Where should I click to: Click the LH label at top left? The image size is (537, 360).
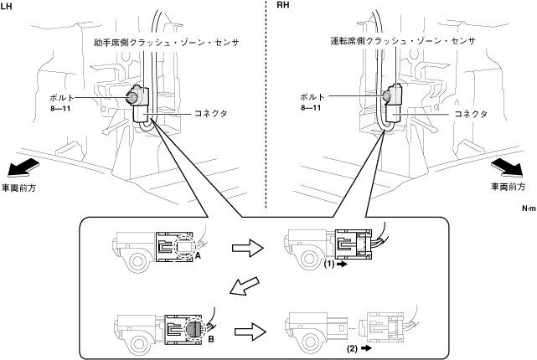[6, 7]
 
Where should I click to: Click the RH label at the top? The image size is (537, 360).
[282, 5]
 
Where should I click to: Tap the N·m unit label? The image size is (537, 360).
[529, 208]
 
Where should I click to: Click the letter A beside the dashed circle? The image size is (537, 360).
[198, 255]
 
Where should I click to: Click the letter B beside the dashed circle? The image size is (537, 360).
[211, 339]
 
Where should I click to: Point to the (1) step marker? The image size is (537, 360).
[328, 264]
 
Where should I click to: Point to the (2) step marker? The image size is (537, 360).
[352, 348]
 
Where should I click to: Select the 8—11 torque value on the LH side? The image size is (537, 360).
[60, 109]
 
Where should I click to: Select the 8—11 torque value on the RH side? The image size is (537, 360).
[311, 108]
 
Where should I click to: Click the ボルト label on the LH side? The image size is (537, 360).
[62, 98]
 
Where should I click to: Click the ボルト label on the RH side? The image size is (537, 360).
[312, 97]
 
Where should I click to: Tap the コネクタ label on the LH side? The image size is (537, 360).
[210, 113]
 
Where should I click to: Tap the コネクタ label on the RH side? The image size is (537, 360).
[471, 114]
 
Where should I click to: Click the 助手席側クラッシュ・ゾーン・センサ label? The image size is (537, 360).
[167, 43]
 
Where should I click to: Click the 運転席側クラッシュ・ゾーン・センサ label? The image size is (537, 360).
[403, 41]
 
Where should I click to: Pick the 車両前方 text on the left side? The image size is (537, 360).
[18, 188]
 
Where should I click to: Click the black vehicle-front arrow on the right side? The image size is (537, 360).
[508, 169]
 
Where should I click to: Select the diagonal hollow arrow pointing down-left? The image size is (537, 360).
[245, 285]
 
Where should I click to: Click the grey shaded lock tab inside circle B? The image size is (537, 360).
[194, 329]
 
